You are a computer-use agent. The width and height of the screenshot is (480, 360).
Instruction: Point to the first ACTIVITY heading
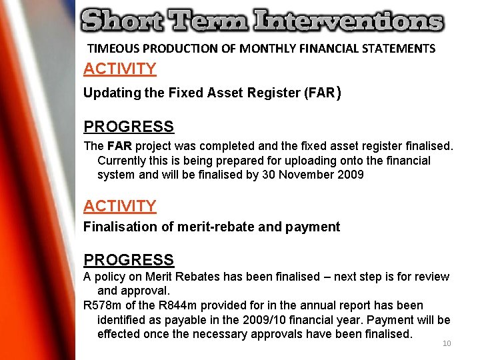point(120,69)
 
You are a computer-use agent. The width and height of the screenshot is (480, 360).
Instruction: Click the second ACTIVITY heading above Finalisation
point(120,206)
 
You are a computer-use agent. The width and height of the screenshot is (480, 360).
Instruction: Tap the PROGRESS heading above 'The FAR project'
point(129,127)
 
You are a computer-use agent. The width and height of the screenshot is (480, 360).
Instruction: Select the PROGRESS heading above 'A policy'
point(129,260)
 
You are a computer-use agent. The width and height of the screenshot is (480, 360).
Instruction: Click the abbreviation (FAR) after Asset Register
point(322,93)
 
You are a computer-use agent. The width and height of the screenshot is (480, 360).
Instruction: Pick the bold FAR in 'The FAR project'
point(119,146)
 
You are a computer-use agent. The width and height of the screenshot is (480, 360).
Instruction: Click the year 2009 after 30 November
point(351,175)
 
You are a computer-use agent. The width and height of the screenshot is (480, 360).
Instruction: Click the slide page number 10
point(447,344)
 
